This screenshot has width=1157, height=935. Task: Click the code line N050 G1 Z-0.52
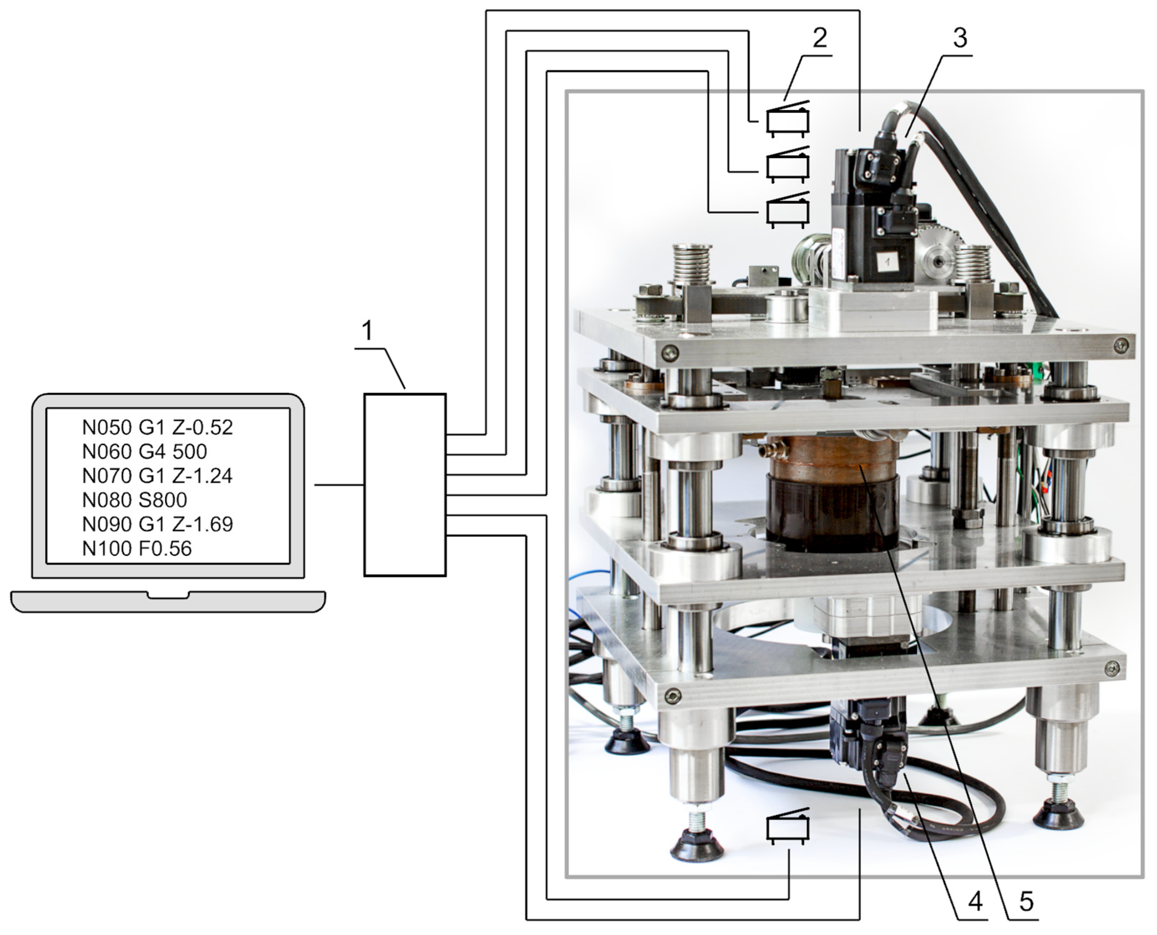coord(157,427)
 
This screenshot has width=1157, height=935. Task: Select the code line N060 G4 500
coord(144,451)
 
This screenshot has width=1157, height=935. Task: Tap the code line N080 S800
coord(135,500)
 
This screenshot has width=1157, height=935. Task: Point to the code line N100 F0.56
coord(137,548)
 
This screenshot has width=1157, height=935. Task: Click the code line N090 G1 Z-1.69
coord(157,524)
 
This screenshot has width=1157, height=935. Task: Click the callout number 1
coord(367,330)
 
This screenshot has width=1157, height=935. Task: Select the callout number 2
coord(820,38)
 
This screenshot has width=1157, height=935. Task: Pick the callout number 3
coord(961,38)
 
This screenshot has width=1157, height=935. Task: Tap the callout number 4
coord(975,902)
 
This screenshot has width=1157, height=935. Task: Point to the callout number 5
coord(1026,902)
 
